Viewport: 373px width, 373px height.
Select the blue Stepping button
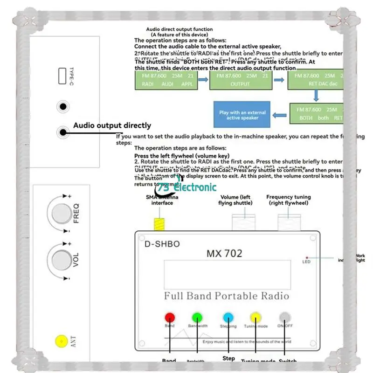click(x=228, y=317)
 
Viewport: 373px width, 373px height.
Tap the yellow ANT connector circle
click(x=60, y=341)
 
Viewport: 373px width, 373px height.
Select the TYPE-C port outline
click(x=62, y=76)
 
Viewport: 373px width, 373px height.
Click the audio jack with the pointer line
click(x=62, y=132)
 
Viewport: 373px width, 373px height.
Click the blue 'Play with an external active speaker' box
click(x=242, y=115)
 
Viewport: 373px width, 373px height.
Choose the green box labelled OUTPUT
click(x=240, y=80)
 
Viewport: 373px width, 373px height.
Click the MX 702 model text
click(x=224, y=254)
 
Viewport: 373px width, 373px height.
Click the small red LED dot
click(x=307, y=257)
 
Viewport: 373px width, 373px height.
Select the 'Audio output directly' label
click(x=112, y=125)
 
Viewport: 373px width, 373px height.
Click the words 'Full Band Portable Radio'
click(x=226, y=296)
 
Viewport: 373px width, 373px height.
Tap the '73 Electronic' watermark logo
click(x=189, y=187)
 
